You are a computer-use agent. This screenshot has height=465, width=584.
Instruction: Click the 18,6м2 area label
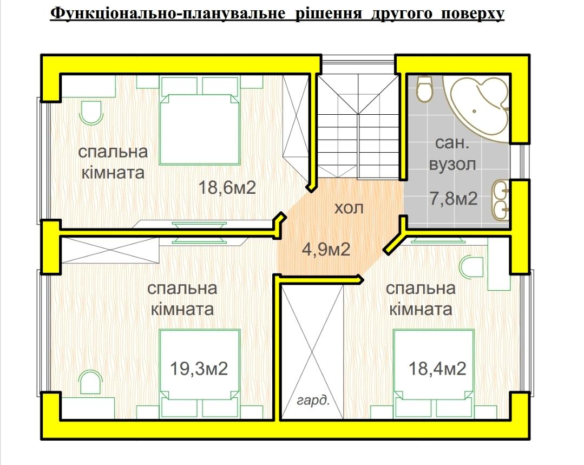[227, 187]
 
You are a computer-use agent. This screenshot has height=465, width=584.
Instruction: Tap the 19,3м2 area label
[199, 369]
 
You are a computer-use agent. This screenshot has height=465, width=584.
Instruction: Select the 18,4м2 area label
[437, 369]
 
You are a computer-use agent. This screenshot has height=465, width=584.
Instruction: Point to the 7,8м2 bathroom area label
[453, 198]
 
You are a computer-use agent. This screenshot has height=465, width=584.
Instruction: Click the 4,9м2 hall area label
[326, 249]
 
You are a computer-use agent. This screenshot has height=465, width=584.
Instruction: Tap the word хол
[349, 208]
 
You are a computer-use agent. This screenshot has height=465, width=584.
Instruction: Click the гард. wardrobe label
[313, 401]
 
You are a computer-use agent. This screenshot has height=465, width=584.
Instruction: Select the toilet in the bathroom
[424, 89]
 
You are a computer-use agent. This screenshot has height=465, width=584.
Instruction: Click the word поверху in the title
[473, 14]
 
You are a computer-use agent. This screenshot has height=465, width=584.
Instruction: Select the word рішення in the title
[329, 14]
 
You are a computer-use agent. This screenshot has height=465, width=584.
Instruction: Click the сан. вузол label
[452, 153]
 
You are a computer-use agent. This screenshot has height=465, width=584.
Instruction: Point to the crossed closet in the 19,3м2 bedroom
[110, 250]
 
